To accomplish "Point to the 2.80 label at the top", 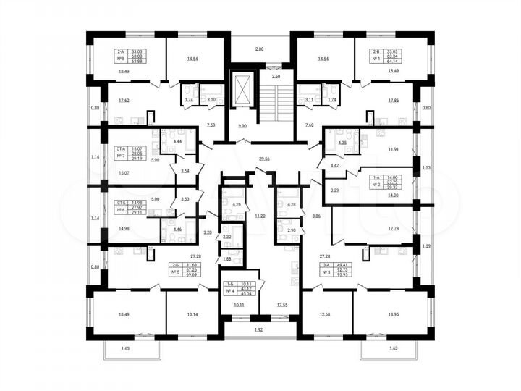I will [x=260, y=49].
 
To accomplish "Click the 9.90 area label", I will [x=242, y=125].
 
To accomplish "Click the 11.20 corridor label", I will [x=260, y=215].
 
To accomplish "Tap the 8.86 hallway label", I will [x=316, y=215].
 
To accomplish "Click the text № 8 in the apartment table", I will [x=120, y=59].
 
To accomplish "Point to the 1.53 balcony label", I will [x=426, y=167].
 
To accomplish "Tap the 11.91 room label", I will [x=393, y=150].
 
